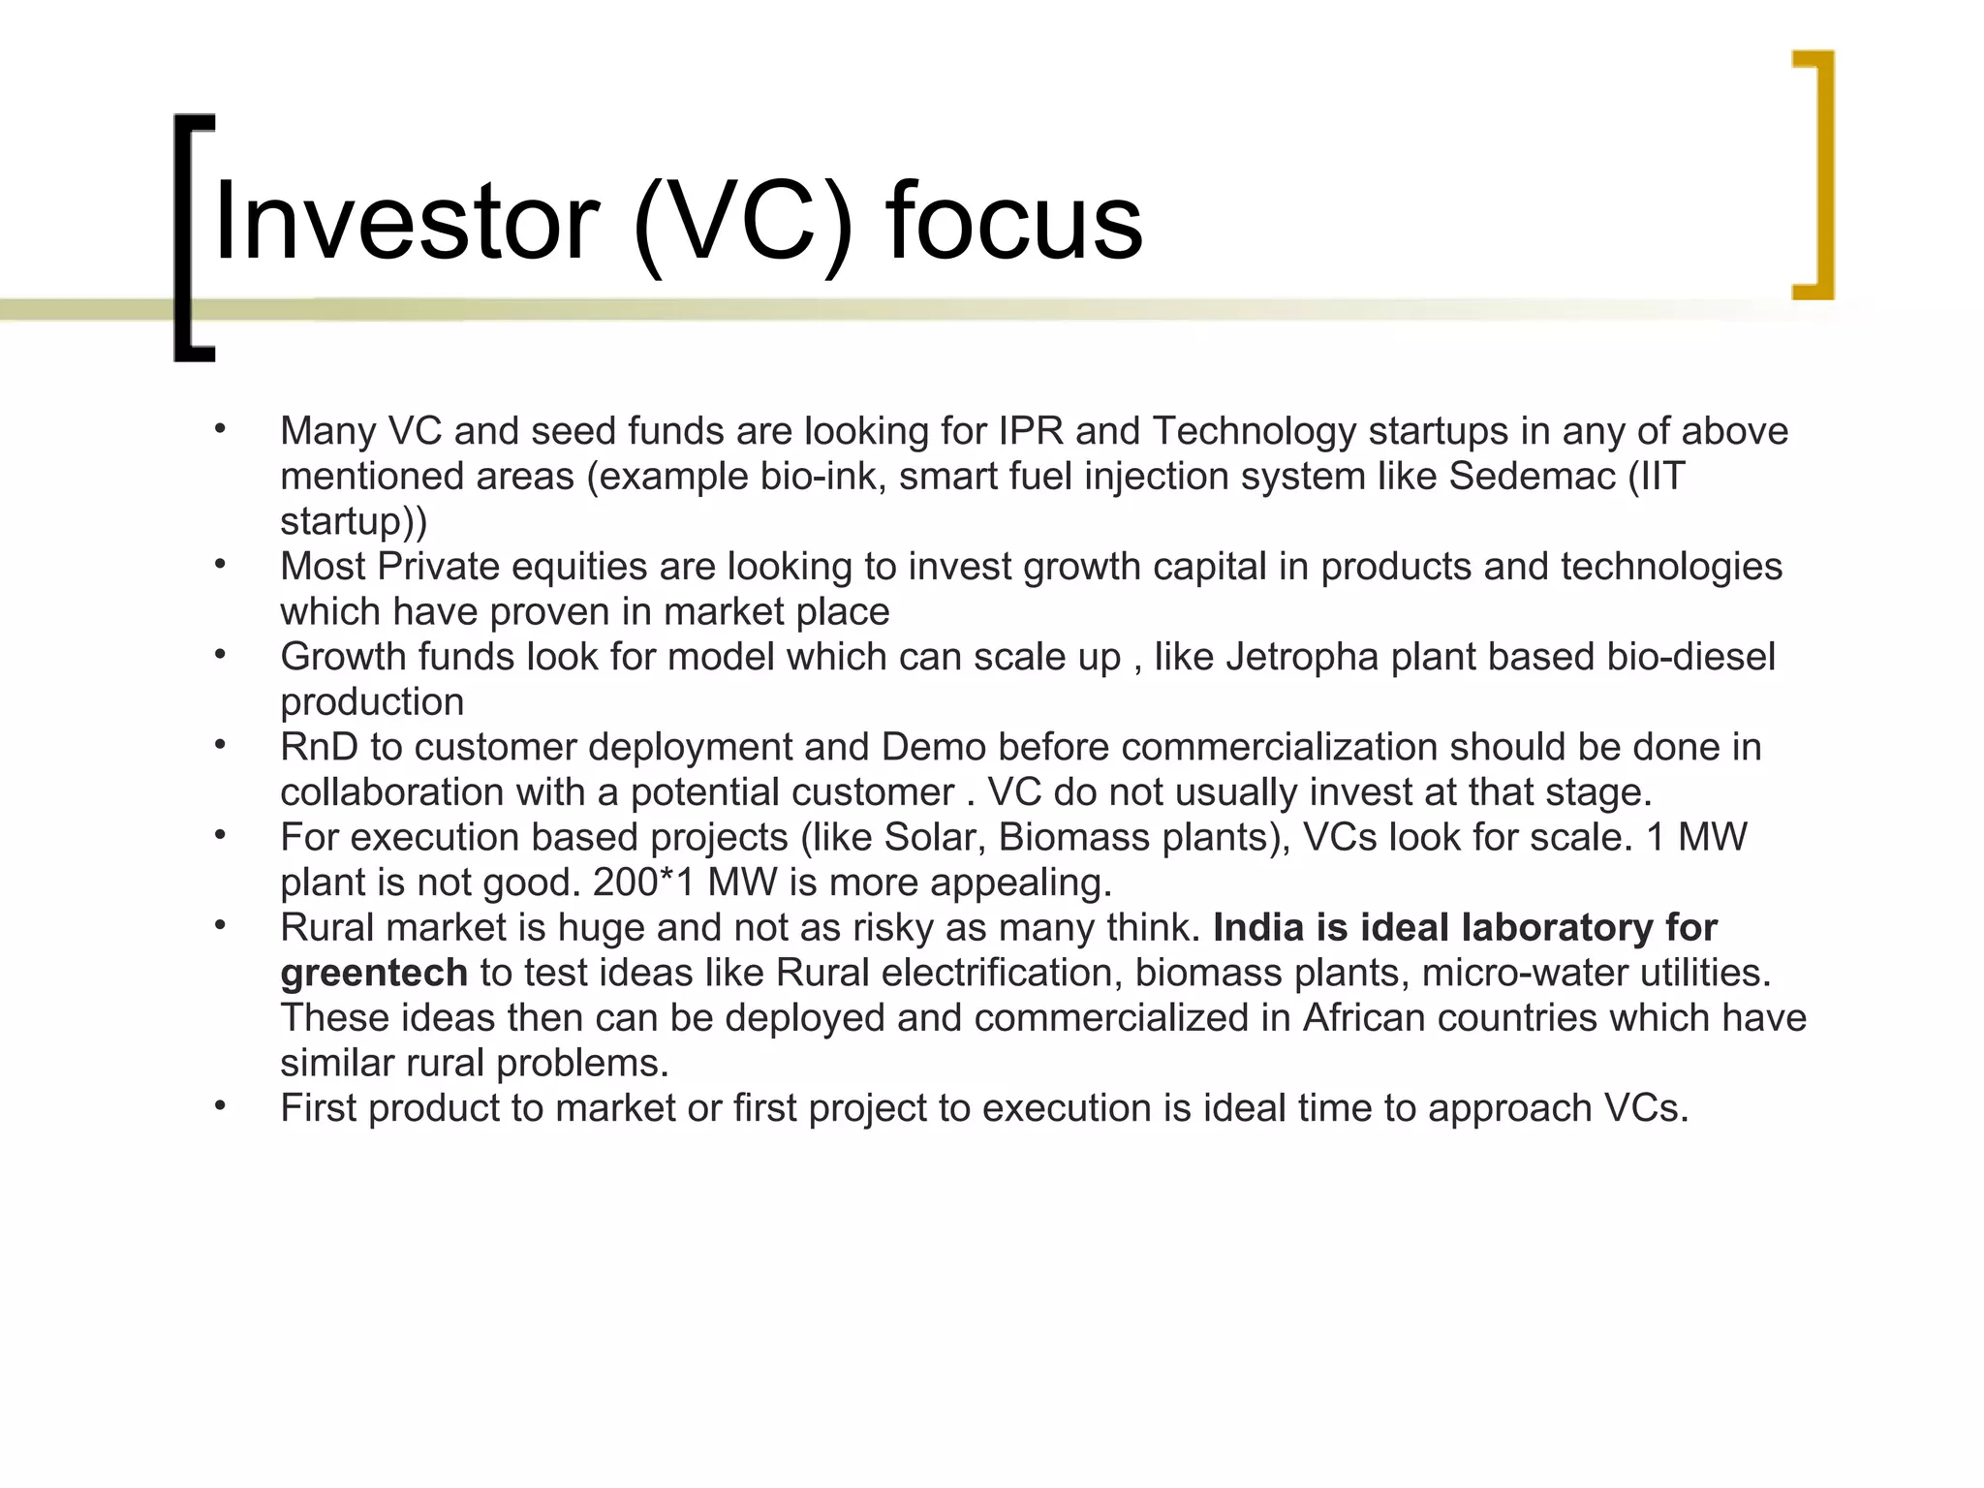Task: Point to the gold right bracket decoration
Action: tap(1815, 174)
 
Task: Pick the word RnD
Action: tap(319, 747)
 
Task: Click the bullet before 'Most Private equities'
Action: tap(221, 563)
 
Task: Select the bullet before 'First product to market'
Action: tap(221, 1104)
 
